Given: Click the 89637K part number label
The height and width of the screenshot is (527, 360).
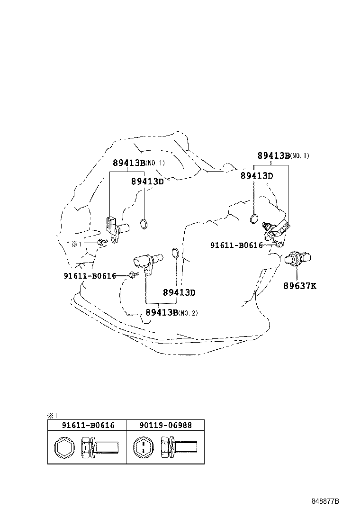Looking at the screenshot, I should click(300, 286).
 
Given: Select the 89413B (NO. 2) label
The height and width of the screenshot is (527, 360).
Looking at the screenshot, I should click(171, 312).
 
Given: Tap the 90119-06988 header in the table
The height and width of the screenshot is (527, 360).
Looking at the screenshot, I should click(166, 425).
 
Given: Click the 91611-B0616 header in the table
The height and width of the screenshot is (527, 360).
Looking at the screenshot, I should click(88, 425).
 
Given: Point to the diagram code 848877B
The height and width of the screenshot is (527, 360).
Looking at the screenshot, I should click(325, 501).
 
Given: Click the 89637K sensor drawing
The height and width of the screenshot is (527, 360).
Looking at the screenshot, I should click(297, 258).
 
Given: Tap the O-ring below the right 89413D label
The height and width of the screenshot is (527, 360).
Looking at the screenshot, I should click(254, 218).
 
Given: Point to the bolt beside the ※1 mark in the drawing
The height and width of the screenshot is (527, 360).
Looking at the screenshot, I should click(101, 243).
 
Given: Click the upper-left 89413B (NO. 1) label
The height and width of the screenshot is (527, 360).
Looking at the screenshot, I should click(138, 163).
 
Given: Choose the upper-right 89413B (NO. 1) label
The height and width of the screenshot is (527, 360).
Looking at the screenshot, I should click(283, 155).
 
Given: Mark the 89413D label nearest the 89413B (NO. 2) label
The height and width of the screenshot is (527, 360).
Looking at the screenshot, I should click(179, 292).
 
